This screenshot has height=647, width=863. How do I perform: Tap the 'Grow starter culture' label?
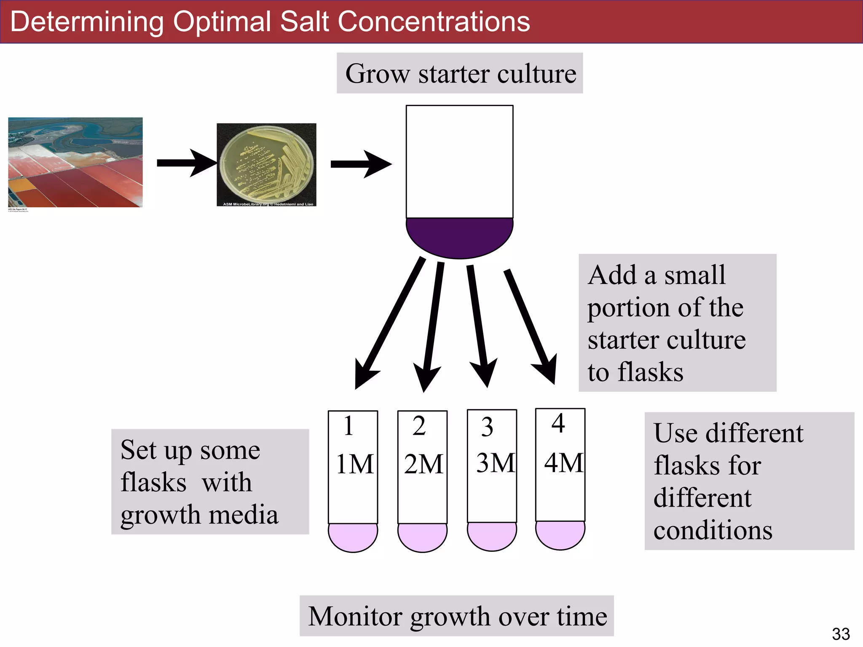pos(460,74)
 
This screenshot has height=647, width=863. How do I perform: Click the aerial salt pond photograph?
pos(75,162)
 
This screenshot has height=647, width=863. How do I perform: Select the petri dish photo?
pos(266,165)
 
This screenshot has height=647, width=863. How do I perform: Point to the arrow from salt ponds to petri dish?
pos(187,163)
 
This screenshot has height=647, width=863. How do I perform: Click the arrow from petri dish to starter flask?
pos(361,164)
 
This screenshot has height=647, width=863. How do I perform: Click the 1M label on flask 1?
pos(354,464)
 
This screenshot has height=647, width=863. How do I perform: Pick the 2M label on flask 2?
pos(423,464)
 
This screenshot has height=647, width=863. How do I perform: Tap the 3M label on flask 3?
pos(495,463)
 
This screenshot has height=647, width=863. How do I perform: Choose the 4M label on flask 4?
pos(563,463)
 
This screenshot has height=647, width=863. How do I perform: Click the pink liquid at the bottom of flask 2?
pos(422,537)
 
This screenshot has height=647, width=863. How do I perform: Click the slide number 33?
pos(841,634)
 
